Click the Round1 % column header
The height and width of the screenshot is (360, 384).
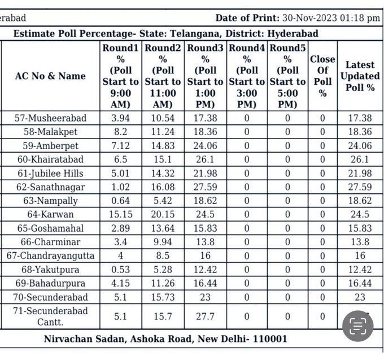(120, 76)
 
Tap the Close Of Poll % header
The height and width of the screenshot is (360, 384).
(322, 76)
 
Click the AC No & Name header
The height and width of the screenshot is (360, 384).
(50, 76)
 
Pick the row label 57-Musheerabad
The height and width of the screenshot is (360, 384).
(50, 118)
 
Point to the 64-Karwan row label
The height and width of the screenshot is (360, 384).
(50, 214)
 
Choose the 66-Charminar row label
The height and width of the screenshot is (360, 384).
(50, 242)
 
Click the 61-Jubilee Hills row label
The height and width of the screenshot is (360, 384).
(50, 173)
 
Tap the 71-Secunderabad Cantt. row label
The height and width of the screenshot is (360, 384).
(50, 317)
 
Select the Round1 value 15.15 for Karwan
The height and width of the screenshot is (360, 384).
(120, 214)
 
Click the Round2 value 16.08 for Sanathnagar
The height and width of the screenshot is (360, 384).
(163, 187)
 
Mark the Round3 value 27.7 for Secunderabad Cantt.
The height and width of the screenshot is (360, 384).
(205, 317)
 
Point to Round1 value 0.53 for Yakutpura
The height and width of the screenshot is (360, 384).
(120, 270)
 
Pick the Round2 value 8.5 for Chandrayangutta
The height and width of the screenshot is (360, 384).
(163, 255)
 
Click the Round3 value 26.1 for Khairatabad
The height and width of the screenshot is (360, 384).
(205, 159)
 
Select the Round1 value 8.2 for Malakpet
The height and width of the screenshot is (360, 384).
(120, 132)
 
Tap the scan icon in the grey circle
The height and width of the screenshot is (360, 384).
(358, 326)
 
